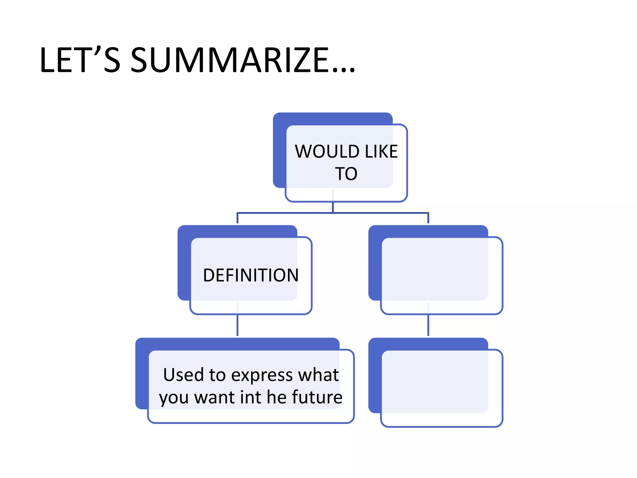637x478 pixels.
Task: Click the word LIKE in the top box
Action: coord(381,152)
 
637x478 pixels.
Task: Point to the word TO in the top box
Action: coord(346,174)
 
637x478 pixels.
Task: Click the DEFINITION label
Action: coord(251,275)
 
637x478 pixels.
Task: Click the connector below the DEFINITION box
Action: coord(237,326)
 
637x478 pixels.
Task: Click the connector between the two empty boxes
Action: coord(428,326)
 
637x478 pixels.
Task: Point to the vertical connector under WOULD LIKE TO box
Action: coord(333,207)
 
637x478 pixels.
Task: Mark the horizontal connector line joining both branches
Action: coord(373,213)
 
